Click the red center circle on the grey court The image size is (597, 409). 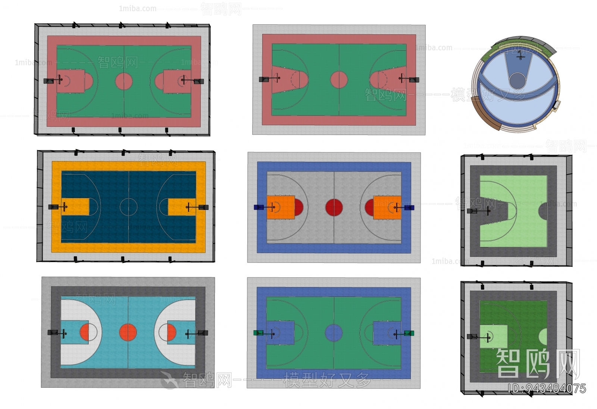(334, 207)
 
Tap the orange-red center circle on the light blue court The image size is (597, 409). (128, 333)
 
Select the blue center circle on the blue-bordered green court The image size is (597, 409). (334, 333)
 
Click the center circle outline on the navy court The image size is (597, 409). (128, 207)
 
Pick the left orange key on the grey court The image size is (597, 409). (281, 207)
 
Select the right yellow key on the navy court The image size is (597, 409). (182, 207)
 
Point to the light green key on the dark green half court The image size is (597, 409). (493, 337)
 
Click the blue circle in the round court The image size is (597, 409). (517, 81)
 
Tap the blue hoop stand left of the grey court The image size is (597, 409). (258, 207)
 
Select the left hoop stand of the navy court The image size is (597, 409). (54, 207)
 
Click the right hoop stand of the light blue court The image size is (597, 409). (203, 333)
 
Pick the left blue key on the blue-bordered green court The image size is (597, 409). (281, 333)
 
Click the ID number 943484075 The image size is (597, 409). (547, 388)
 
